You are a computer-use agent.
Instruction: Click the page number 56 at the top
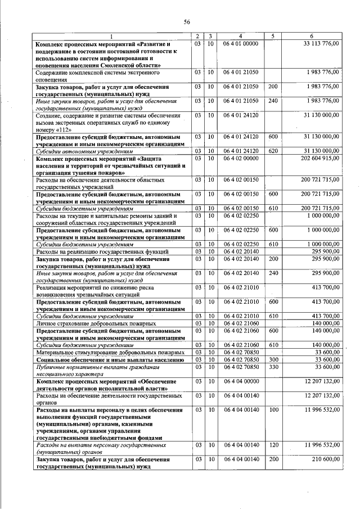(x=187, y=22)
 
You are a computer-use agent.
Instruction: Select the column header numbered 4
(x=240, y=37)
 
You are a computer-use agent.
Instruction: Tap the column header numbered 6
(x=313, y=37)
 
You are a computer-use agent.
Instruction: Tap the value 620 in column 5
(x=273, y=151)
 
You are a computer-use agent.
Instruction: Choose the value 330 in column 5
(x=273, y=367)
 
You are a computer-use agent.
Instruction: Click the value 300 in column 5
(x=273, y=358)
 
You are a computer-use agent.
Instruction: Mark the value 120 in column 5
(x=273, y=445)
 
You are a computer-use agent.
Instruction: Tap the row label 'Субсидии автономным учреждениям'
(x=84, y=151)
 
